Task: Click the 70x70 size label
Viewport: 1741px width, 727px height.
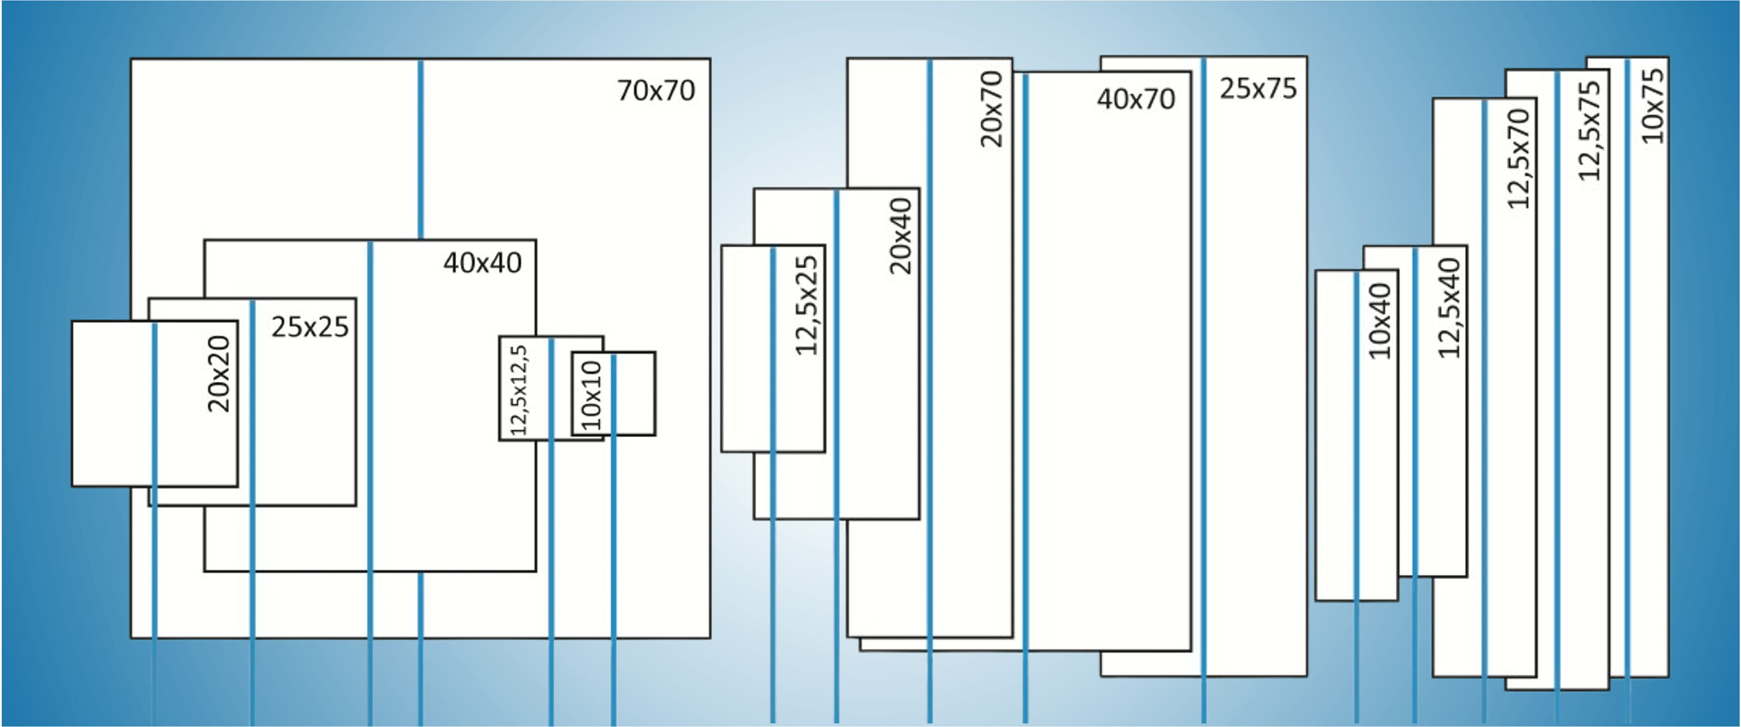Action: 656,91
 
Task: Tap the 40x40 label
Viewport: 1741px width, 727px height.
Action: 482,263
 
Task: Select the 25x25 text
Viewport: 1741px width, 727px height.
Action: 310,327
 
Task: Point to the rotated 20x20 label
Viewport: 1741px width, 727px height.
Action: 219,374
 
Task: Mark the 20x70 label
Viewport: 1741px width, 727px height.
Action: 992,109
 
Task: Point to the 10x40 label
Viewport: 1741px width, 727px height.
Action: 1380,320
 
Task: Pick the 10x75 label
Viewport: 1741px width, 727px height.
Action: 1653,106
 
